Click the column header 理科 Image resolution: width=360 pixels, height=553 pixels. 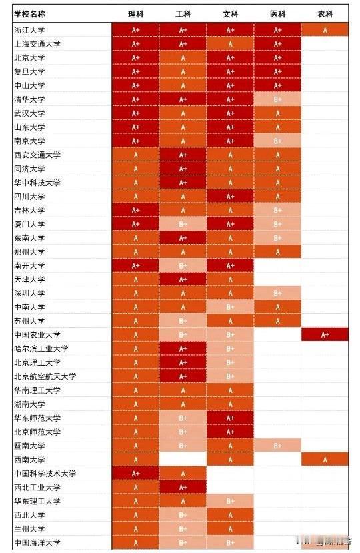(136, 13)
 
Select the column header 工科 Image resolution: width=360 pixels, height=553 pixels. (183, 13)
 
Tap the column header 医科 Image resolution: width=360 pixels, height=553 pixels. (277, 13)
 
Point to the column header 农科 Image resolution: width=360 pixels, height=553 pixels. (325, 13)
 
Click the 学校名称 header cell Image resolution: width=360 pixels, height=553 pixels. (31, 13)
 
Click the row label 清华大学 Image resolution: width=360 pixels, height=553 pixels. (30, 99)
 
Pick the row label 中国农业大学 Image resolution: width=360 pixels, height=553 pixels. (39, 334)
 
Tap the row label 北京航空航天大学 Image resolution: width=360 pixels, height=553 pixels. (45, 376)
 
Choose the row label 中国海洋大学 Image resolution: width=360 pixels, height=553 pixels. (39, 542)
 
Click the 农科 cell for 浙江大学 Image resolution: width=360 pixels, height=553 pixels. (325, 29)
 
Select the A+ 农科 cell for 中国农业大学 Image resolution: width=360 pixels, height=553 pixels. (325, 334)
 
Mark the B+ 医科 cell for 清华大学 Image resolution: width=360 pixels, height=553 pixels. (277, 99)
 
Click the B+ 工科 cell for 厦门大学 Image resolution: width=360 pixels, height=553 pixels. (183, 224)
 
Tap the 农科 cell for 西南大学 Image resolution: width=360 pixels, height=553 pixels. (325, 459)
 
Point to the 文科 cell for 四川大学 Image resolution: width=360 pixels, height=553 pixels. (230, 196)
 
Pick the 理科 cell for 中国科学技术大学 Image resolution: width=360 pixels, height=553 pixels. (136, 473)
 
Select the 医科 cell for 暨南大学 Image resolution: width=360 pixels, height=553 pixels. (277, 446)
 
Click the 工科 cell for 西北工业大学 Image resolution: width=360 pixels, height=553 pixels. (183, 487)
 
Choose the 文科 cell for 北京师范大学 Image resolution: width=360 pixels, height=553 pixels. (230, 432)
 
